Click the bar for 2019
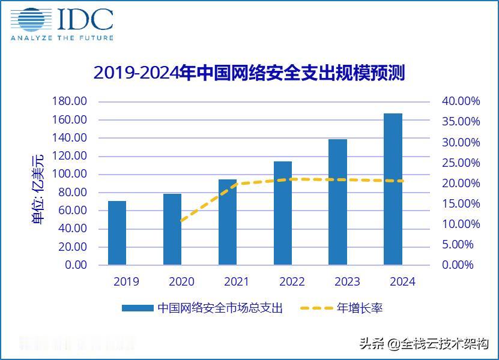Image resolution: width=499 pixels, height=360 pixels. tap(117, 233)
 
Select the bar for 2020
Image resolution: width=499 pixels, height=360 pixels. tap(172, 229)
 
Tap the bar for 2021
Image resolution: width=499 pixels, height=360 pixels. tap(228, 222)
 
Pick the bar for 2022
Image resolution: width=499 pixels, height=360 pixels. tap(283, 213)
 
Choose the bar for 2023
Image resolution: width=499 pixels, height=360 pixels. tap(338, 202)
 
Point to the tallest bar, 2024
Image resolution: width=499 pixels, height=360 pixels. tap(393, 189)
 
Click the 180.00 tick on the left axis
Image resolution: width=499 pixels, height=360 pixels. tap(70, 101)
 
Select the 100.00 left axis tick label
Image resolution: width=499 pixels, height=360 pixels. tap(70, 174)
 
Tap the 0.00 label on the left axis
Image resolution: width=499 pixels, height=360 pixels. tap(76, 265)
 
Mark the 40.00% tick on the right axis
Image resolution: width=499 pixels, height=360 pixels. tap(461, 101)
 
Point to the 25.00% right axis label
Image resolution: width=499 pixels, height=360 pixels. tap(461, 163)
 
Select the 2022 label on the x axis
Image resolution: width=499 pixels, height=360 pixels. tap(292, 282)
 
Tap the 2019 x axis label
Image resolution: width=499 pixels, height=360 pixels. tap(126, 282)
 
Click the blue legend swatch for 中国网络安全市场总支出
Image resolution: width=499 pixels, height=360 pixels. tap(138, 308)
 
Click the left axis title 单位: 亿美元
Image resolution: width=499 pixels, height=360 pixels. tap(38, 189)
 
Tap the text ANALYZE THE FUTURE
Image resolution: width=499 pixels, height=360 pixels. tap(62, 38)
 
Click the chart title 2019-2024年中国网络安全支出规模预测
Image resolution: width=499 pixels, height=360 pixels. tap(249, 73)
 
